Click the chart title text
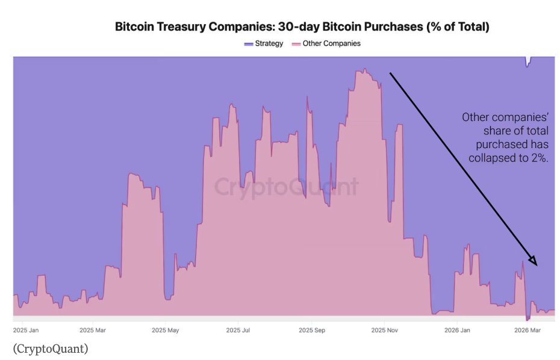302,27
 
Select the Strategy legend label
269,43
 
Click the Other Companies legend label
331,43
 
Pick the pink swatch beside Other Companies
296,44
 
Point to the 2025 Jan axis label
26,330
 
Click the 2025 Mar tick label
92,330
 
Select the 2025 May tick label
165,330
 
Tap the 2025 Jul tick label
238,330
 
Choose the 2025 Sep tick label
311,330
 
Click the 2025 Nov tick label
385,330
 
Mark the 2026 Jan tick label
457,330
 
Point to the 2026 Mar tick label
528,330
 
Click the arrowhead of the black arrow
532,260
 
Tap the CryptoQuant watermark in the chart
287,186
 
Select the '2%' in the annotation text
539,158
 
